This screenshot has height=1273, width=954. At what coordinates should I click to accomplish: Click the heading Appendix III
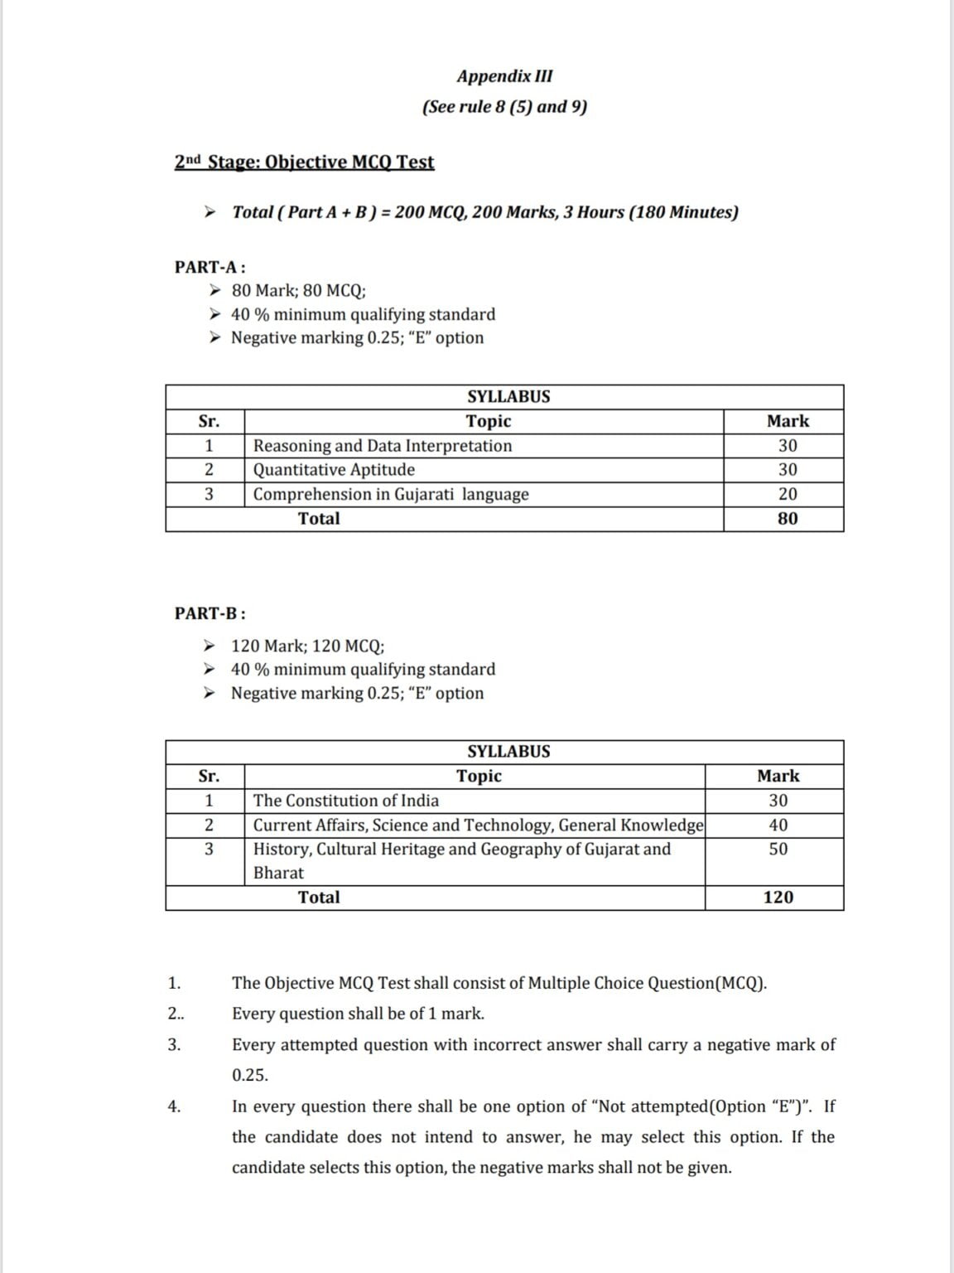click(x=504, y=76)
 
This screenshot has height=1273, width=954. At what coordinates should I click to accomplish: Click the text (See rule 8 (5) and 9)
click(x=504, y=107)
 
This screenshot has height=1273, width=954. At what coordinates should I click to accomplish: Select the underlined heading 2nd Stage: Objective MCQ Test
click(x=304, y=162)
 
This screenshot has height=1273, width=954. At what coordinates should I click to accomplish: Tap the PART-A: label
click(x=210, y=267)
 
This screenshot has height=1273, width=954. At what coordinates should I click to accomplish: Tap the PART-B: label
click(x=210, y=613)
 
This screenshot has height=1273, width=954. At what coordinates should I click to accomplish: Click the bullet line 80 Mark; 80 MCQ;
click(x=298, y=291)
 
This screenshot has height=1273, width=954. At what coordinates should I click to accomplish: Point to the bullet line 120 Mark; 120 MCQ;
click(x=307, y=646)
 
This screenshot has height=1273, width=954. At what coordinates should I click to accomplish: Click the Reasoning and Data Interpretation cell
click(x=383, y=446)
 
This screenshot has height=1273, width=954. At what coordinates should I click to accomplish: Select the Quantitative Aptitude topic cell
click(x=334, y=470)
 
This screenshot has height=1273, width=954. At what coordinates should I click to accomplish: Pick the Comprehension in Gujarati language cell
click(x=391, y=494)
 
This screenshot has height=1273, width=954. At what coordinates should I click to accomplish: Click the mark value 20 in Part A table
click(x=788, y=494)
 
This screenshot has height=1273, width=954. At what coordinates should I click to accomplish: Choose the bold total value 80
click(x=788, y=519)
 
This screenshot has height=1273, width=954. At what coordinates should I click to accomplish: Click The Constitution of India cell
click(x=346, y=801)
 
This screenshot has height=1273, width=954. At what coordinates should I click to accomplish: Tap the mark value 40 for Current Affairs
click(x=778, y=825)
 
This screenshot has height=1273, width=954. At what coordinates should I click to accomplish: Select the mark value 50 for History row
click(x=778, y=849)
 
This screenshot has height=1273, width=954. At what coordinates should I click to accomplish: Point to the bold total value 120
click(x=778, y=898)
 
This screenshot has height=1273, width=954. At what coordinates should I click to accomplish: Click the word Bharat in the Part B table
click(x=278, y=873)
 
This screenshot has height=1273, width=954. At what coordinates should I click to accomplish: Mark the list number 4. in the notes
click(x=174, y=1106)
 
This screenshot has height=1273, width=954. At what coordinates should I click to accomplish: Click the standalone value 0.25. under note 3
click(x=250, y=1076)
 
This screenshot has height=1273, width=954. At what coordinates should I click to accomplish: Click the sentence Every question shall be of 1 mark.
click(x=358, y=1014)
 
